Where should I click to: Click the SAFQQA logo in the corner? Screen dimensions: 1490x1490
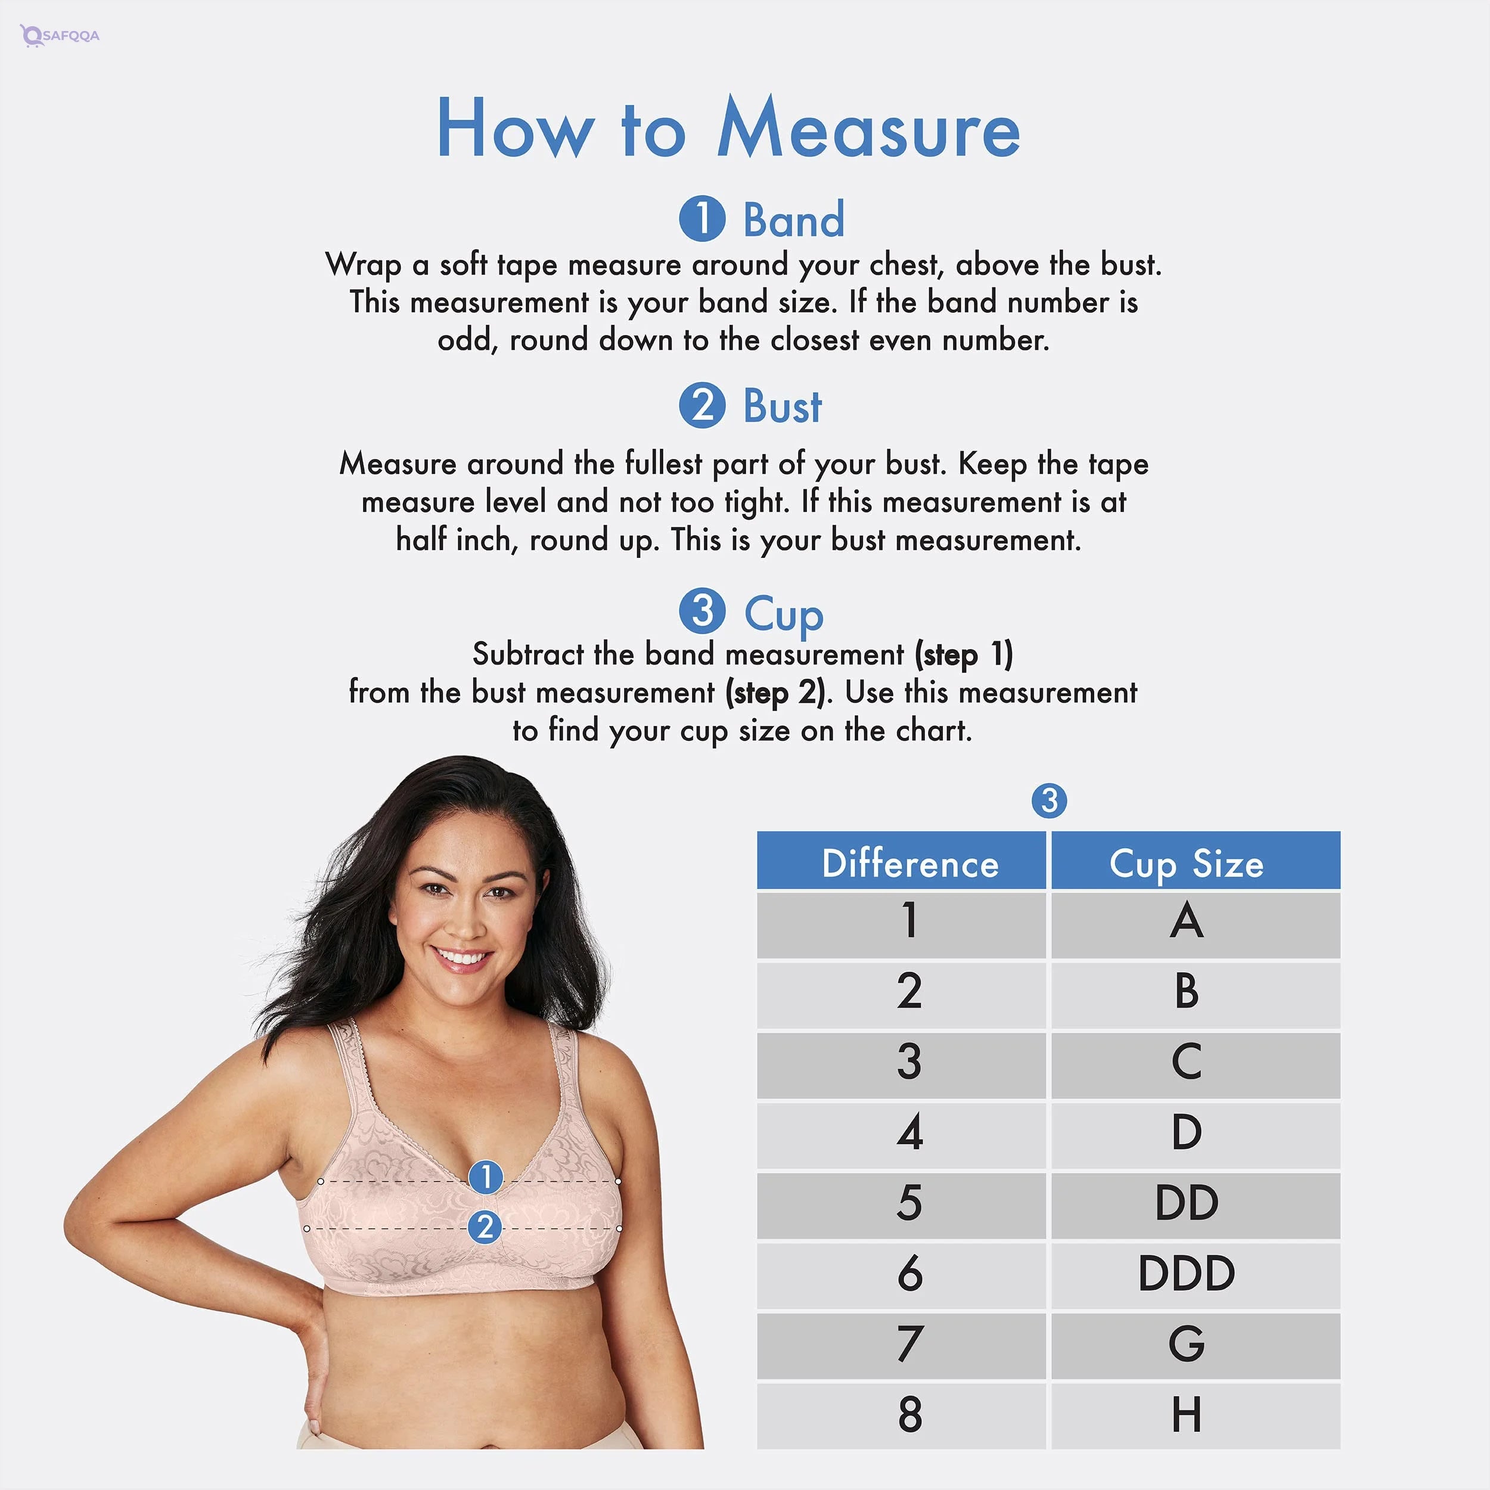pyautogui.click(x=60, y=36)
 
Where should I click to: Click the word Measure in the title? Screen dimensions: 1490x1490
pyautogui.click(x=868, y=129)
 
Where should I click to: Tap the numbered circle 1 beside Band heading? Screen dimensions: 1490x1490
pyautogui.click(x=702, y=218)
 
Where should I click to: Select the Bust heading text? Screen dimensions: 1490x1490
pyautogui.click(x=782, y=406)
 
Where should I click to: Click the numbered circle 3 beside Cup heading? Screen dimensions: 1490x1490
pyautogui.click(x=702, y=611)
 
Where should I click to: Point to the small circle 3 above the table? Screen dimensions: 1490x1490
pyautogui.click(x=1049, y=800)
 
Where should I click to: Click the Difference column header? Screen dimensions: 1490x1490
pyautogui.click(x=910, y=863)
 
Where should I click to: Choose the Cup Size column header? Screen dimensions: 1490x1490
pyautogui.click(x=1186, y=863)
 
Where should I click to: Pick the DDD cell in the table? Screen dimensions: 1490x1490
pyautogui.click(x=1186, y=1273)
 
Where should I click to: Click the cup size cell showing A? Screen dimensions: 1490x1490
pyautogui.click(x=1186, y=921)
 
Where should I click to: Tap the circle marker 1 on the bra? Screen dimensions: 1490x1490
pyautogui.click(x=486, y=1177)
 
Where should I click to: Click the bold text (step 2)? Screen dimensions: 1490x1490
pyautogui.click(x=776, y=693)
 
